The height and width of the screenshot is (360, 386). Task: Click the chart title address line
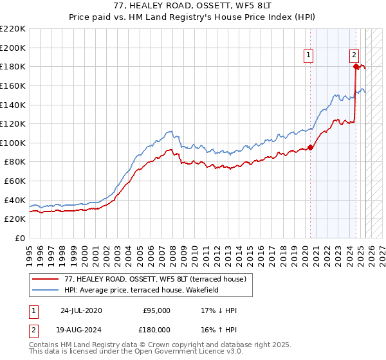[193, 6]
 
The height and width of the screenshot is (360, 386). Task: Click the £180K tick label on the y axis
[13, 66]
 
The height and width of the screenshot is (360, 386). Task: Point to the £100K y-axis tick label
[13, 143]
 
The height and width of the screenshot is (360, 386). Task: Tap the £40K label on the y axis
[15, 200]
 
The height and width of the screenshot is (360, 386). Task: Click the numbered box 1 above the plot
[309, 56]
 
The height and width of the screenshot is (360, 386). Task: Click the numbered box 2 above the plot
[354, 56]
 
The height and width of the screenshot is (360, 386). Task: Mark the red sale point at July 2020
[310, 147]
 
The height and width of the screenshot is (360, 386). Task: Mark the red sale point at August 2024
[356, 66]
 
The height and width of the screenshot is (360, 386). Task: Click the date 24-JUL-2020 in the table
[80, 310]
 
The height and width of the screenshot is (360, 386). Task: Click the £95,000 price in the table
[157, 310]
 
